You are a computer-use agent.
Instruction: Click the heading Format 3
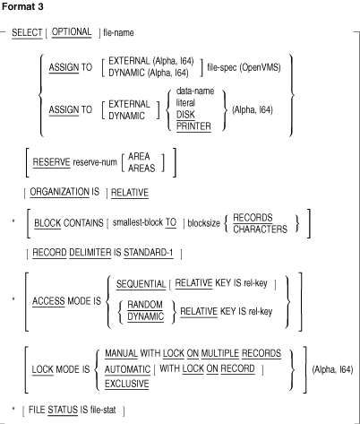coord(22,6)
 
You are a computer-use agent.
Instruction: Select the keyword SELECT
coord(27,32)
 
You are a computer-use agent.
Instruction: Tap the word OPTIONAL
coord(72,32)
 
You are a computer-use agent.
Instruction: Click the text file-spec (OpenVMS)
coord(244,67)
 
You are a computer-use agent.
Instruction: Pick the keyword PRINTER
coord(193,126)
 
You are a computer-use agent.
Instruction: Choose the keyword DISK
coord(185,115)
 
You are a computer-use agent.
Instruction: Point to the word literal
coord(185,103)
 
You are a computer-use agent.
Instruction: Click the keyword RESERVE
coord(51,162)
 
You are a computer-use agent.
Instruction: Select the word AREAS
coord(141,169)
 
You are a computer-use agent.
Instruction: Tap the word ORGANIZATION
coord(59,192)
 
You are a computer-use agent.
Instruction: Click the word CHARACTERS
coord(260,229)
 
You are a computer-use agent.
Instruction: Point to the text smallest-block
coord(138,222)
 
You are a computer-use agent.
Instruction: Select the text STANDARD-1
coord(149,253)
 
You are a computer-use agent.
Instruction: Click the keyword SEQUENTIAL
coord(141,284)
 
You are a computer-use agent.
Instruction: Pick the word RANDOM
coord(145,305)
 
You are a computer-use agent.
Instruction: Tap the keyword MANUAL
coord(121,353)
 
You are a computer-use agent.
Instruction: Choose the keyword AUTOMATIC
coord(127,369)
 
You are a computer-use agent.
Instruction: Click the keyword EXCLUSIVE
coord(126,384)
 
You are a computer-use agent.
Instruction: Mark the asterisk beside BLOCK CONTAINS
coord(13,221)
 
